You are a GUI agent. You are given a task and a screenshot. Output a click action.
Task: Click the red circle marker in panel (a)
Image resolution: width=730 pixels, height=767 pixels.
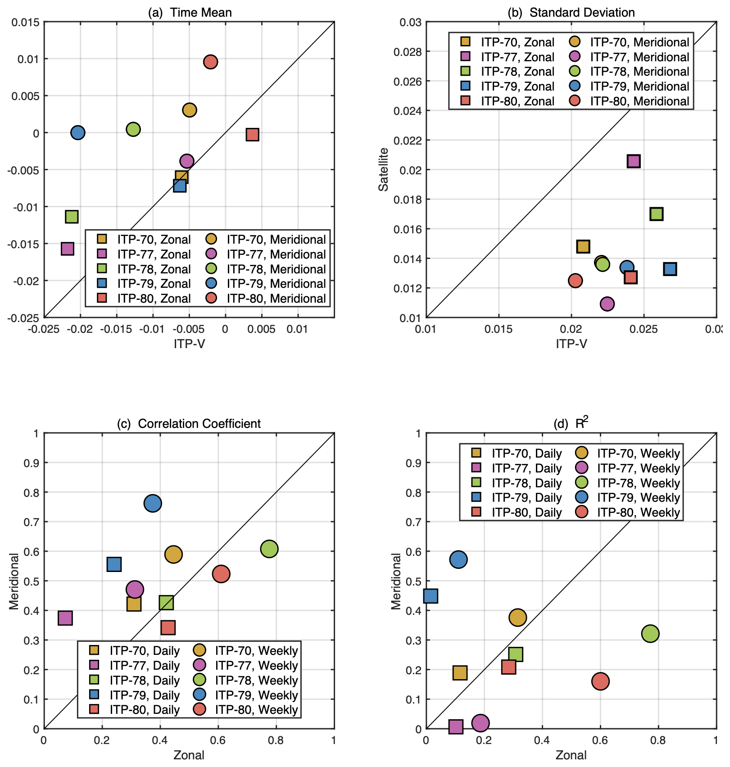point(210,62)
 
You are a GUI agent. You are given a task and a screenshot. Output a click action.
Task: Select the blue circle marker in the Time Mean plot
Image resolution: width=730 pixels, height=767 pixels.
point(78,133)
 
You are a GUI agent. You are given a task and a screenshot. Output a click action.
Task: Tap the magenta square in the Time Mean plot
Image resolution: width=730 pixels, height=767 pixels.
point(68,249)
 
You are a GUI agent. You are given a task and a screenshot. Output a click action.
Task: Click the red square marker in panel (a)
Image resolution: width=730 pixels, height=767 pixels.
point(252,135)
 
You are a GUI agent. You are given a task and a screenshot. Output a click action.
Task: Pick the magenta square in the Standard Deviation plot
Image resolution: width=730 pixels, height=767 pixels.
point(634,161)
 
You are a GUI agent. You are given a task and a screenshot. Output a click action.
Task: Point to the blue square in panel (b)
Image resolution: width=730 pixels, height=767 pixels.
point(670,269)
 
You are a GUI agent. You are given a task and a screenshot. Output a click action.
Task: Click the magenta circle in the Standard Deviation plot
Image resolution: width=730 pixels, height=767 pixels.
point(607,304)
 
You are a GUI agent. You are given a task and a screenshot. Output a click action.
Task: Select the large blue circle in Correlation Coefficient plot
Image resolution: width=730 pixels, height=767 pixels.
point(153,503)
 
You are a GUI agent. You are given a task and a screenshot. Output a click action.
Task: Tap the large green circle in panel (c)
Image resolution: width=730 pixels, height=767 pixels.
point(269,549)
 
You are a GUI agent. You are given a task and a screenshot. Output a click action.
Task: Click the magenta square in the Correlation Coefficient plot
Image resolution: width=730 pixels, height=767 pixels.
point(65,618)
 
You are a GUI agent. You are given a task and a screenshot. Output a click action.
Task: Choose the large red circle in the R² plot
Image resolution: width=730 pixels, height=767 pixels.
point(600,681)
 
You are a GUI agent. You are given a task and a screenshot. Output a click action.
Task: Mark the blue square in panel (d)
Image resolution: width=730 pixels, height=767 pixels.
point(431,596)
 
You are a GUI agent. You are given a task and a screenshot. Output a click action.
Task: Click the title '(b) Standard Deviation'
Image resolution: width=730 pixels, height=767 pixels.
point(571,13)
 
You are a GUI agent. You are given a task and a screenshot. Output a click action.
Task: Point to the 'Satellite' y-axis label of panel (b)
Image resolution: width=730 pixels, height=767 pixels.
point(384,170)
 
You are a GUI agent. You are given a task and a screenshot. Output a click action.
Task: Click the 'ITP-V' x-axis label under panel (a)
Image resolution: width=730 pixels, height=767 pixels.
point(189,344)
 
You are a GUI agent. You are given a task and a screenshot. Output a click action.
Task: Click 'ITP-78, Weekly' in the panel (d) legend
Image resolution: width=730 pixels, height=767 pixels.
point(638,483)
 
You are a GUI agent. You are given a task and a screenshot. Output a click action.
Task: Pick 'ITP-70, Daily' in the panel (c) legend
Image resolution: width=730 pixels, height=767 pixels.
point(144,651)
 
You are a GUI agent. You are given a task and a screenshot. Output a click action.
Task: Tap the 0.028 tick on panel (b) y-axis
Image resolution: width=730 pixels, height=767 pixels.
point(407,52)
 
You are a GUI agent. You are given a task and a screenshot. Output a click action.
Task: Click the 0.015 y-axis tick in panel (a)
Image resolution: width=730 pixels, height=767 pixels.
point(26,22)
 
